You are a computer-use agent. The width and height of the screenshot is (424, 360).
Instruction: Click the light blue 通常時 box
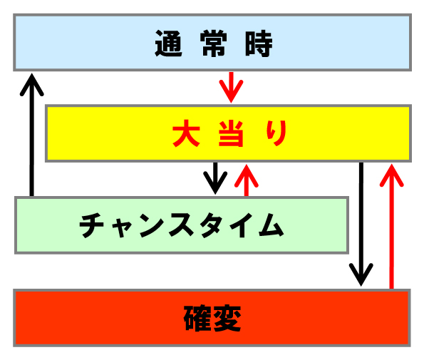[212, 43]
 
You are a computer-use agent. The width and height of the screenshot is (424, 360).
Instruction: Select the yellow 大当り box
[228, 133]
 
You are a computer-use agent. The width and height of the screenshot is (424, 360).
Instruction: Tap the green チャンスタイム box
[182, 225]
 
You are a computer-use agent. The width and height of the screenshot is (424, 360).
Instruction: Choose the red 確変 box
[212, 318]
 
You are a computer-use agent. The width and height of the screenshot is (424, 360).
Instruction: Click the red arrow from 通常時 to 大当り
[231, 87]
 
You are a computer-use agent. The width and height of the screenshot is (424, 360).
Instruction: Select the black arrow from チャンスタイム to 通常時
[32, 135]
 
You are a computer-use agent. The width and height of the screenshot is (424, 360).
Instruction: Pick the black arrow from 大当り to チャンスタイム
[215, 178]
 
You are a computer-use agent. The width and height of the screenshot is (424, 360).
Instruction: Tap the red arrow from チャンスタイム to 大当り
[247, 180]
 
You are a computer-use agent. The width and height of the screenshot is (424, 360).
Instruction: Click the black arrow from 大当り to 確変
[361, 224]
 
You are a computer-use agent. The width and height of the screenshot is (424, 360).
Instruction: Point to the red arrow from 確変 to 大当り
[391, 227]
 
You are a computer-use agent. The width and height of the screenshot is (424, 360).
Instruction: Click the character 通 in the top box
[168, 43]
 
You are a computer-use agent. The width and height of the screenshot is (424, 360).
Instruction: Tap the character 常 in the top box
[214, 43]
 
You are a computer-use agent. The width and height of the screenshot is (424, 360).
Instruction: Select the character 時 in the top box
[259, 43]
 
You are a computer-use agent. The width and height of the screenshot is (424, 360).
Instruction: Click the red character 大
[186, 133]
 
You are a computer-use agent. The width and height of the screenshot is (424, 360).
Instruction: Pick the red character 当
[231, 133]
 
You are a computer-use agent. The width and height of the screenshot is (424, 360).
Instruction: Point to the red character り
[276, 133]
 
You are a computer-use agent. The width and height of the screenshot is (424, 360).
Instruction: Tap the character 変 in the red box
[227, 318]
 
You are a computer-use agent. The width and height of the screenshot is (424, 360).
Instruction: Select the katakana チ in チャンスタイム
[91, 225]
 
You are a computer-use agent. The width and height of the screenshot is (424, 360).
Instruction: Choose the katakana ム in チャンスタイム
[272, 225]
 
